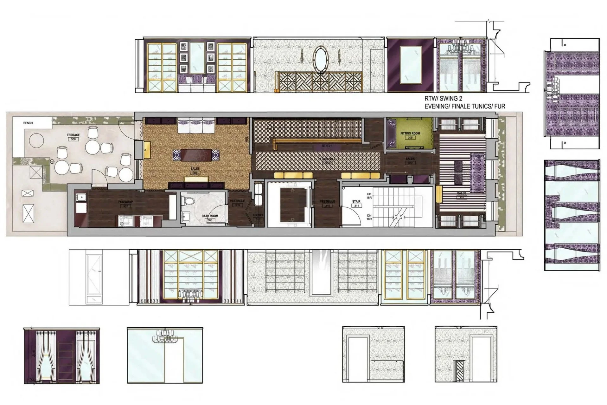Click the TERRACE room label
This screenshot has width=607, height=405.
[73, 135]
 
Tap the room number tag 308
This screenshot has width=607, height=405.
[73, 139]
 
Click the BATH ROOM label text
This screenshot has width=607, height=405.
[210, 216]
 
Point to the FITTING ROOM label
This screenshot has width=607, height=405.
[410, 134]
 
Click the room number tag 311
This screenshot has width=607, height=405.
[356, 206]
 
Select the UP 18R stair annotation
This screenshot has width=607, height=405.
[369, 196]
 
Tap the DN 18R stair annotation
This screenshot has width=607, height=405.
[369, 217]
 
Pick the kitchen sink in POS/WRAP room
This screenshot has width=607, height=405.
[81, 198]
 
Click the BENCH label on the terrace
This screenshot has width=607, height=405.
[28, 123]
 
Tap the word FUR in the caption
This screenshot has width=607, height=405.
[499, 107]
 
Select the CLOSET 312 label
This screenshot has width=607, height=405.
[258, 217]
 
